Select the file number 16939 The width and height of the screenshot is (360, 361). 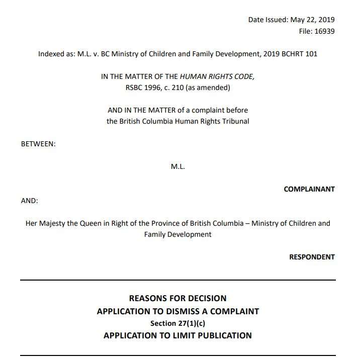tap(324, 31)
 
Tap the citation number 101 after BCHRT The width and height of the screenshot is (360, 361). tap(311, 54)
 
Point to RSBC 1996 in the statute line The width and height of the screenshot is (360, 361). tap(145, 87)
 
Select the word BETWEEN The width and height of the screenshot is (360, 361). tap(38, 144)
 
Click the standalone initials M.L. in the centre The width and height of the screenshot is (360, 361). tap(178, 166)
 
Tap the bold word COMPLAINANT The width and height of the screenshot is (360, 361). tap(309, 189)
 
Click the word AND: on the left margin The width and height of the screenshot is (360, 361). tap(29, 200)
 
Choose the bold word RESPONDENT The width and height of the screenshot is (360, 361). tap(312, 257)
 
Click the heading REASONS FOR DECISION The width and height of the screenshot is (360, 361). tap(178, 298)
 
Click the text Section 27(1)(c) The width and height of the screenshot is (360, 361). tap(178, 323)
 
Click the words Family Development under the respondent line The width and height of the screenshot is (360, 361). tap(178, 234)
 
